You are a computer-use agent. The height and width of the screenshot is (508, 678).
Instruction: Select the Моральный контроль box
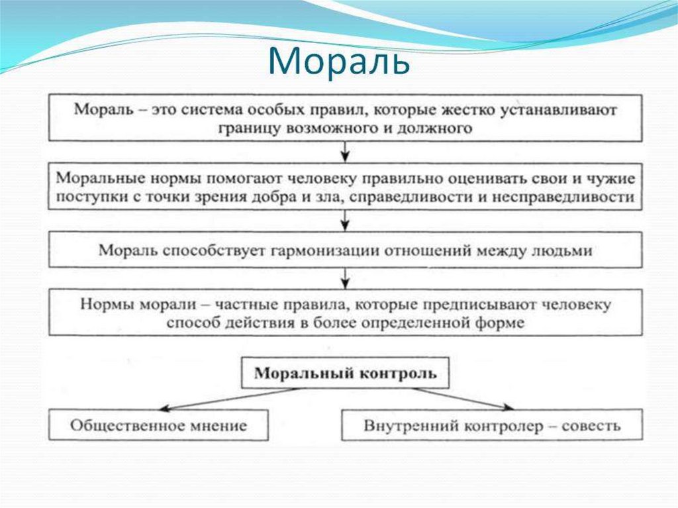coord(345,374)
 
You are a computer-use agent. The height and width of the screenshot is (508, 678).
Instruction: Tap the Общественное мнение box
coord(158,425)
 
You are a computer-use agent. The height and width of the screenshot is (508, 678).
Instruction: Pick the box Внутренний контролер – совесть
coord(492,425)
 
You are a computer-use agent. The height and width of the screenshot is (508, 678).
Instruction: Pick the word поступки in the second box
coord(84,197)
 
